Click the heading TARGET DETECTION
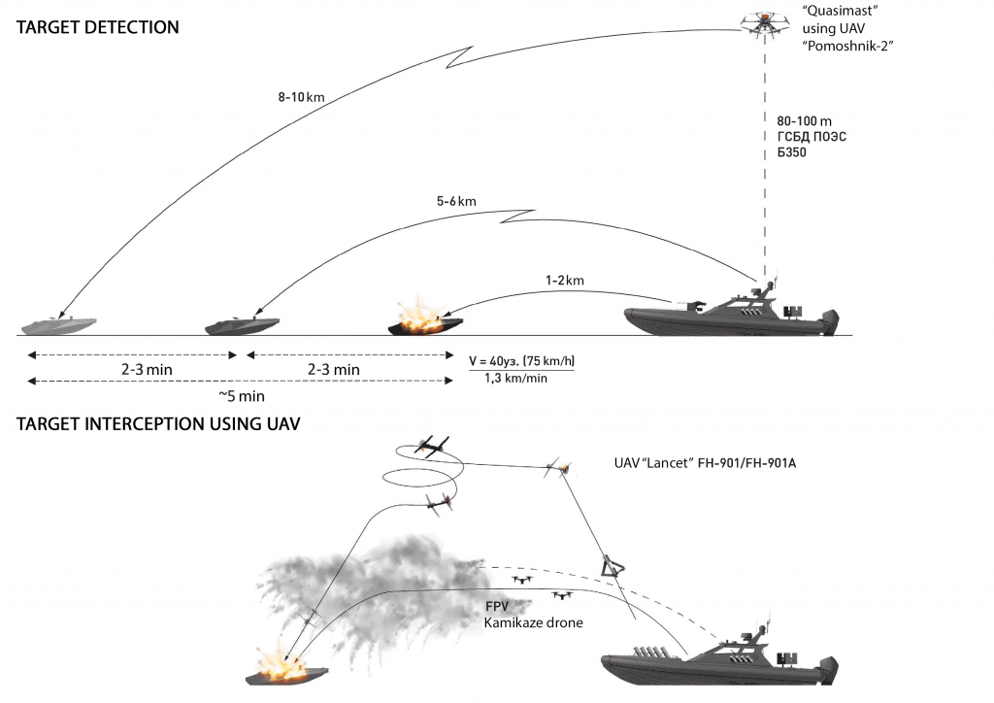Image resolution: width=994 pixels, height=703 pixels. [x=98, y=27]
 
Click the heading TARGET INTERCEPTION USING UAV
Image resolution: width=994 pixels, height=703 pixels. [x=157, y=424]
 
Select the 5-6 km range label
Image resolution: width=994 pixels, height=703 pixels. [x=456, y=201]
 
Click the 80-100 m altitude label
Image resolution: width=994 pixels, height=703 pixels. [x=805, y=119]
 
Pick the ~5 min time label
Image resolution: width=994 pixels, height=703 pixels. [x=241, y=396]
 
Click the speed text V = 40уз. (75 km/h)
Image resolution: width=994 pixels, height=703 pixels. [x=529, y=359]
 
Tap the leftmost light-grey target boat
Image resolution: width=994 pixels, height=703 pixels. [x=56, y=323]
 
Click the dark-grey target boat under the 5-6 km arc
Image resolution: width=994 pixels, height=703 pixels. [x=242, y=324]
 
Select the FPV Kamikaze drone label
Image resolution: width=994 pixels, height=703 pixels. [x=533, y=614]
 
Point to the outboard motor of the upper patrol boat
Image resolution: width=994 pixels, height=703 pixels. [x=827, y=322]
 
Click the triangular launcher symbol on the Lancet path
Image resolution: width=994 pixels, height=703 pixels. [x=613, y=565]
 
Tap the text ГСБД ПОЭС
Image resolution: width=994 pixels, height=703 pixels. [x=812, y=136]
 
